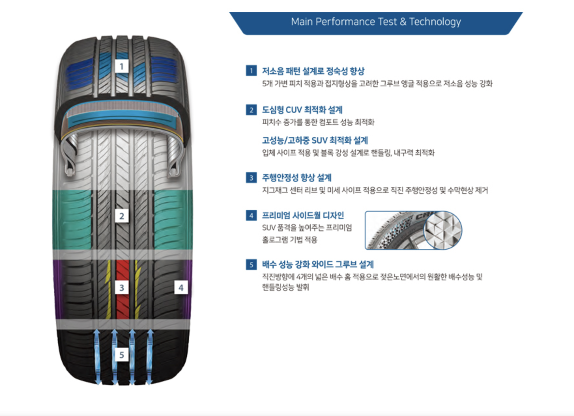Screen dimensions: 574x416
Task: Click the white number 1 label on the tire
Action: pyautogui.click(x=122, y=66)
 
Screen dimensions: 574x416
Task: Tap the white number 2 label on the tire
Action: pyautogui.click(x=122, y=216)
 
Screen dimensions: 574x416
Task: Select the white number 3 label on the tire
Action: pyautogui.click(x=122, y=288)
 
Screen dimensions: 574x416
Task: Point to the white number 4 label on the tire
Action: pyautogui.click(x=181, y=288)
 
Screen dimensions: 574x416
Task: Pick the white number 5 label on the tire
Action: pyautogui.click(x=122, y=354)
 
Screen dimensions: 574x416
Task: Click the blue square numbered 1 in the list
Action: pyautogui.click(x=251, y=71)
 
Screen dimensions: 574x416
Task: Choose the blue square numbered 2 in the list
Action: pyautogui.click(x=251, y=110)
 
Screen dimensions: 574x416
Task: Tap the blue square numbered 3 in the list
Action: pyautogui.click(x=251, y=178)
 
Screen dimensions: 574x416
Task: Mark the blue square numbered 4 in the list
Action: pyautogui.click(x=251, y=215)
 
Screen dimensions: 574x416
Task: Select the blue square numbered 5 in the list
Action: pyautogui.click(x=251, y=264)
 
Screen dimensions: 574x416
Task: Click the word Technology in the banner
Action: pyautogui.click(x=435, y=22)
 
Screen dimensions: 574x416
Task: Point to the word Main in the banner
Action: pyautogui.click(x=302, y=22)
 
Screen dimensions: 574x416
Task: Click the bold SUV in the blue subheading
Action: pyautogui.click(x=319, y=140)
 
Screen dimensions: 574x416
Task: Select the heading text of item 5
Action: pyautogui.click(x=318, y=264)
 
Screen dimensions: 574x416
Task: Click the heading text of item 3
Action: pyautogui.click(x=296, y=178)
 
